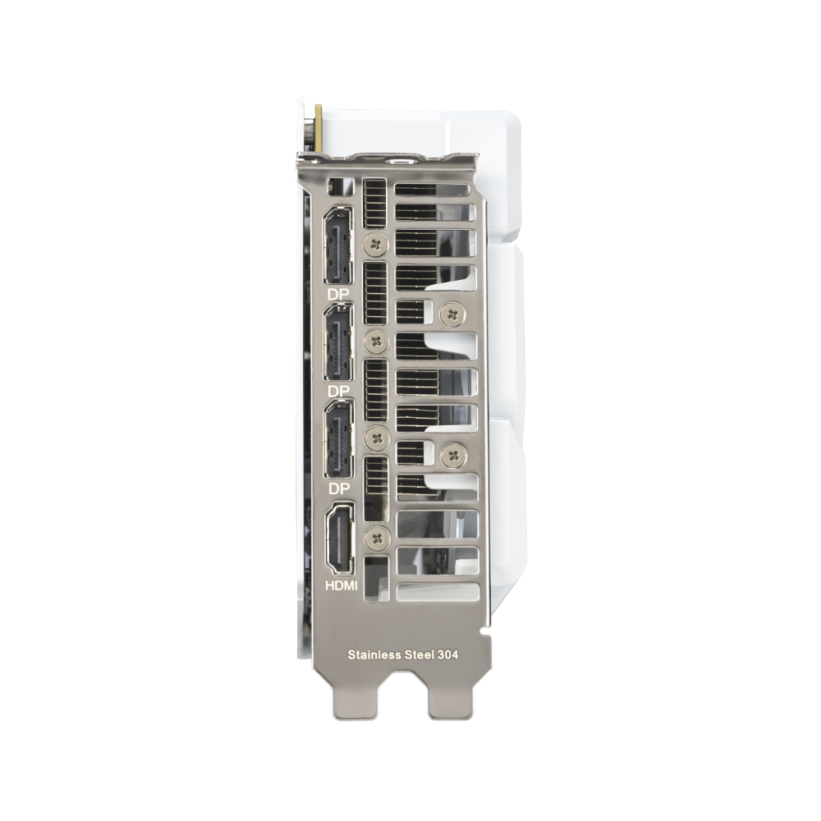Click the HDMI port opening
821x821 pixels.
[x=339, y=539]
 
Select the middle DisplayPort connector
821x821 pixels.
[x=339, y=342]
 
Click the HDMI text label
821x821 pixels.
[x=342, y=585]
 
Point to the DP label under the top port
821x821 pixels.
[x=337, y=294]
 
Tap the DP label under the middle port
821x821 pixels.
[x=337, y=391]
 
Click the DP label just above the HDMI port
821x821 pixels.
[x=338, y=488]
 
